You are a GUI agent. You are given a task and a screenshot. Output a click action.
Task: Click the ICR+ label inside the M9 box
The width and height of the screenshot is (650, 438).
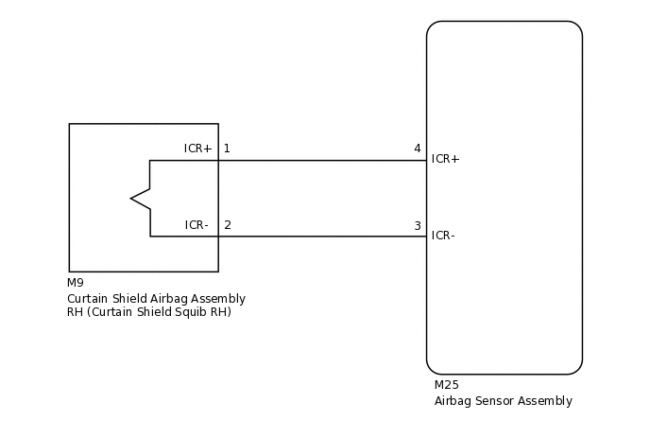197,149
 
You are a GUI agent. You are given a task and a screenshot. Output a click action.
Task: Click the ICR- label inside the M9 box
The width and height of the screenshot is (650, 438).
197,226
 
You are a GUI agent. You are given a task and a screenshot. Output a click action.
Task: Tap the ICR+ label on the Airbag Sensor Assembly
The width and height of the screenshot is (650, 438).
445,159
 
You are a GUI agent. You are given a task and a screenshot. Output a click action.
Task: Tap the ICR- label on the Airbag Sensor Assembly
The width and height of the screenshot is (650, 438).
443,236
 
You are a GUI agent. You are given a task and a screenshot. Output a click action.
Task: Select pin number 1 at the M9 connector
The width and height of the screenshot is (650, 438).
227,149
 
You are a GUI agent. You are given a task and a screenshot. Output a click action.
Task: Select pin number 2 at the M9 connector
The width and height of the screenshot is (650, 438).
227,226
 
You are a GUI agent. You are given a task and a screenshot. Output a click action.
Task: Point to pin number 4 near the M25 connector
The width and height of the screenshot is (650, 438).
417,149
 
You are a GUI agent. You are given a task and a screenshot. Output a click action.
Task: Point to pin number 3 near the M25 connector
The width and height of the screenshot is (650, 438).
417,226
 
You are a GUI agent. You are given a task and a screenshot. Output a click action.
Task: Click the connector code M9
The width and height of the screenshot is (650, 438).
75,283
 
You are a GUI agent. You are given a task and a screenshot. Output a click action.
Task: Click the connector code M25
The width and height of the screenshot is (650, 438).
446,386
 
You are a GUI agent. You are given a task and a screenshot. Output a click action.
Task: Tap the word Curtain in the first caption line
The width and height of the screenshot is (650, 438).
87,299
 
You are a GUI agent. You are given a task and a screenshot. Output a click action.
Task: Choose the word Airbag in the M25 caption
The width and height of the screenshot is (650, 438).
452,401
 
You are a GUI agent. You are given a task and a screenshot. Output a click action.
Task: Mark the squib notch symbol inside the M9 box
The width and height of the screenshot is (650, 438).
141,198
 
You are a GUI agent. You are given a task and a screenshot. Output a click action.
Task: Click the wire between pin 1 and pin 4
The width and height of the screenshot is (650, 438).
321,160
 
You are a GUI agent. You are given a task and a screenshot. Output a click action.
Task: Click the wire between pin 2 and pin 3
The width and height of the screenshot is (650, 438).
321,237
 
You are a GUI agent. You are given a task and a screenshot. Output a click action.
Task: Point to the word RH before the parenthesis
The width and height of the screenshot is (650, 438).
75,313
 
